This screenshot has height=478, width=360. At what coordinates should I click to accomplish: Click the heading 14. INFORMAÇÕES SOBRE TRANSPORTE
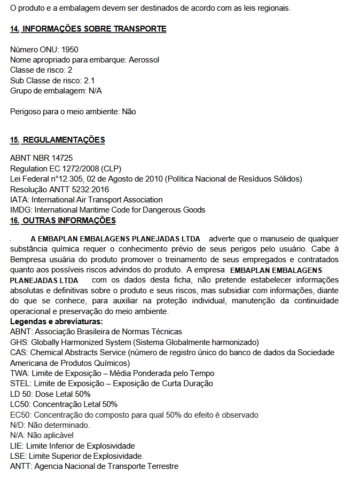click(88, 29)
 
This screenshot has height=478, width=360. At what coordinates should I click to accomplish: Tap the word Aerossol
click(144, 60)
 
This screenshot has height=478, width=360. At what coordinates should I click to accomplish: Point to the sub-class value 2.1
click(90, 81)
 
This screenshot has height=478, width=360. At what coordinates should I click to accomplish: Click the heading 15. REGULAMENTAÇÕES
click(57, 140)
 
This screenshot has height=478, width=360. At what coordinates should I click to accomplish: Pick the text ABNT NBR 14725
click(41, 158)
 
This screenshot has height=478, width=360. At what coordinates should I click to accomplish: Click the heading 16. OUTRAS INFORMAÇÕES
click(62, 221)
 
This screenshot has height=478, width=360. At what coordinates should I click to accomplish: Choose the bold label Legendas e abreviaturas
click(56, 322)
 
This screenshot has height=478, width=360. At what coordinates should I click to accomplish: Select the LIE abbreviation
click(17, 445)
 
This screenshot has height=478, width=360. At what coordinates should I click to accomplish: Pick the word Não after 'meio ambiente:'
click(129, 112)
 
